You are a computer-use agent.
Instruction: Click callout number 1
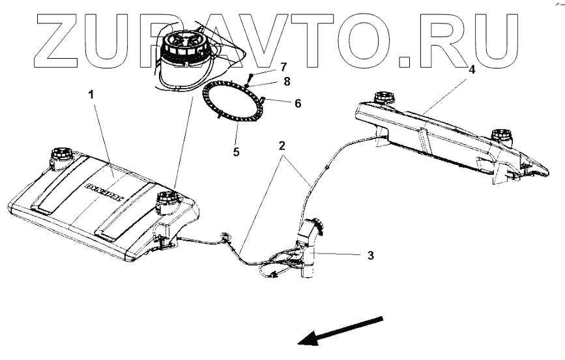pyautogui.click(x=91, y=95)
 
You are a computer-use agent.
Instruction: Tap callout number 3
pyautogui.click(x=369, y=255)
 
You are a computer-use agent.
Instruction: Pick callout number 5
pyautogui.click(x=236, y=152)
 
